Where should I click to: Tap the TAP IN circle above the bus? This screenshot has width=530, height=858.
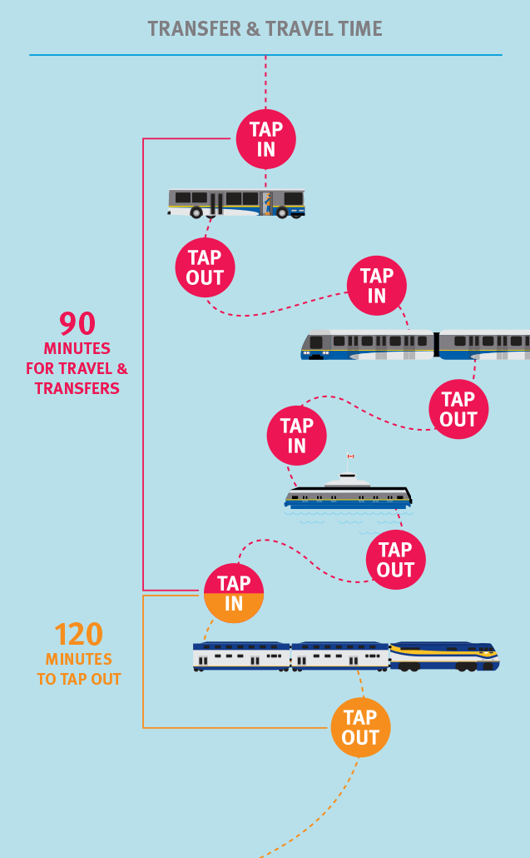tap(266, 139)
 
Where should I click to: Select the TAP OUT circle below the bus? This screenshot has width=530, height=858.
tap(205, 267)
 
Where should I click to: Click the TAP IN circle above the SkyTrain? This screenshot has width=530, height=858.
tap(377, 286)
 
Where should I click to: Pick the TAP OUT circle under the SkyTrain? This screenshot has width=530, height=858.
tap(458, 409)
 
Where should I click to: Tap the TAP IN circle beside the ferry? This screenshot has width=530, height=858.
tap(297, 436)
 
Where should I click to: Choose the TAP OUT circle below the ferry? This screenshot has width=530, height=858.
tap(395, 560)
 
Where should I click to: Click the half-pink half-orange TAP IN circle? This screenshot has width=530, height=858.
tap(234, 594)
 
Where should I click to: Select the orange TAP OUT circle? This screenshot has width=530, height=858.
tap(360, 727)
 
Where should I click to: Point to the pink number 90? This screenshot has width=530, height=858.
tap(77, 324)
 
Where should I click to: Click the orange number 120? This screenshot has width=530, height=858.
tap(79, 635)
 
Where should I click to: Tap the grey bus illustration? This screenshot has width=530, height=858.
tap(236, 202)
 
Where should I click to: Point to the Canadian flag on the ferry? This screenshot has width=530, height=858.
tap(350, 456)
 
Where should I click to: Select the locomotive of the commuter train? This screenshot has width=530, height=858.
tap(444, 656)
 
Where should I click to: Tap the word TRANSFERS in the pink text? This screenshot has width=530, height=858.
tap(77, 388)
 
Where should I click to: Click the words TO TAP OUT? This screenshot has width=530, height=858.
tap(79, 679)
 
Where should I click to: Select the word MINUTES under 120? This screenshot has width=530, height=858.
tap(79, 659)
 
